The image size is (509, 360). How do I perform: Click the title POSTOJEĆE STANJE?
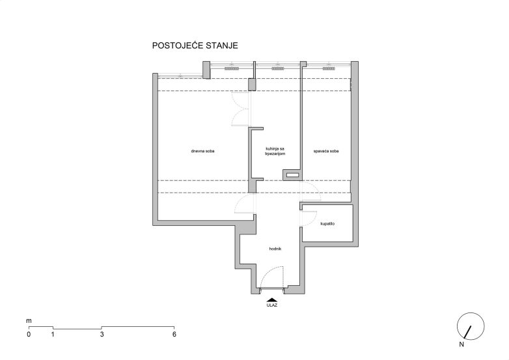pos(195,46)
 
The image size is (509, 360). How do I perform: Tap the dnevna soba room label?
pos(202,151)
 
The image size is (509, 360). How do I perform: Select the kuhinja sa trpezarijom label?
pos(275,151)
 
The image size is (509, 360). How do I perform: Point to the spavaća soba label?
pos(326,151)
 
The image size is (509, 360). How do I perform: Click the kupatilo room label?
pos(327,224)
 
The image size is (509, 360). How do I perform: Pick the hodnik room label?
pos(275,249)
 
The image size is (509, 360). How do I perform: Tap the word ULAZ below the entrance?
pos(272,305)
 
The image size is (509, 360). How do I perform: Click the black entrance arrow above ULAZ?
pos(272,300)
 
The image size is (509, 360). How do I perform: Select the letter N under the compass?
pos(461,345)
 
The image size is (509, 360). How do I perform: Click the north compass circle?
pos(471,313)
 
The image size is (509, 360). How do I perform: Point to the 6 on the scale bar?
pos(174,335)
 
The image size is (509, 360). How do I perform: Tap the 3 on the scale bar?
pos(102,335)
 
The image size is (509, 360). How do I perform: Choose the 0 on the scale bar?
pos(29,335)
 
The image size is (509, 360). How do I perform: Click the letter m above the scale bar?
pos(29,321)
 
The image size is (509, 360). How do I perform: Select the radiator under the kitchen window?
pos(278,69)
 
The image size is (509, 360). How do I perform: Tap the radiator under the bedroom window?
pos(328,69)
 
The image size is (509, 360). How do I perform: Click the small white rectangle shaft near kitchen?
pos(292,175)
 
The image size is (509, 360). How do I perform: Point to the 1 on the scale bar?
pos(53,335)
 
